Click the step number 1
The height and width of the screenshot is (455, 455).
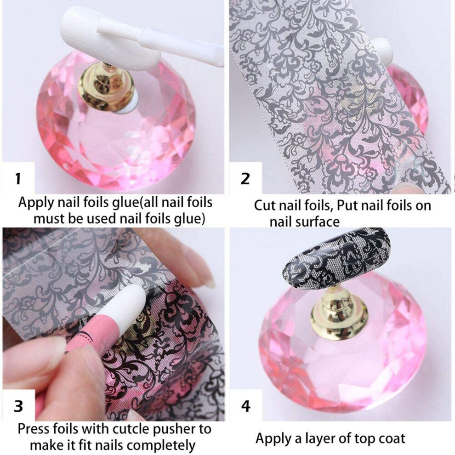(18, 179)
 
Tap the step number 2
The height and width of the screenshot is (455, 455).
(245, 179)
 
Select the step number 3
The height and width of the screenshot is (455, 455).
(18, 406)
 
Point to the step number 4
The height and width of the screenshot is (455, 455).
(246, 406)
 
